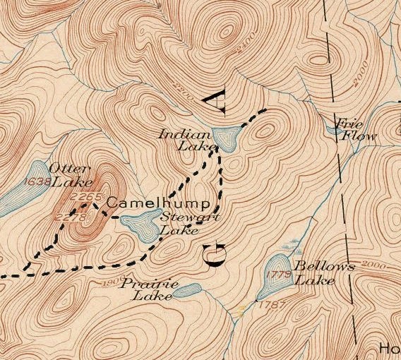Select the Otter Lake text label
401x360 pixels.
pos(70,176)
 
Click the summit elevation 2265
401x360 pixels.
pos(88,197)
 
